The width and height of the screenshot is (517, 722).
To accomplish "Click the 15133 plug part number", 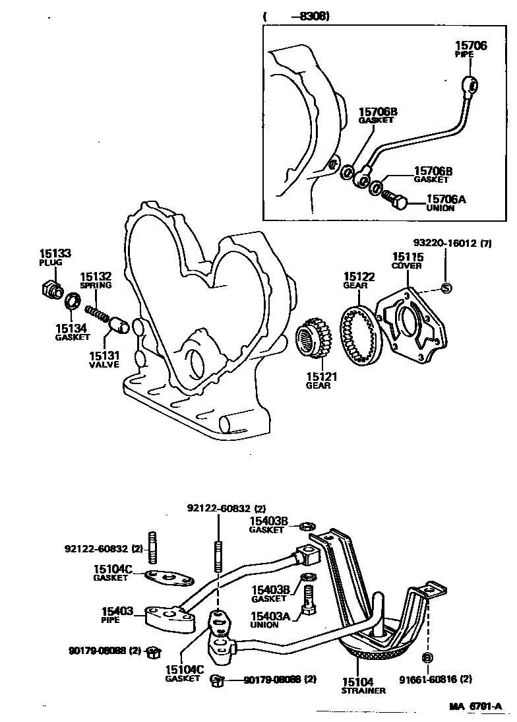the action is pyautogui.click(x=55, y=253).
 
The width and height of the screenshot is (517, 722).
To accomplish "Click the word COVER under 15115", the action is pyautogui.click(x=407, y=266).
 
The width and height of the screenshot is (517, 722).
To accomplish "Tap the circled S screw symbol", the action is pyautogui.click(x=446, y=288).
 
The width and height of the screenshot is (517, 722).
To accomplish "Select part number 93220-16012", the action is pyautogui.click(x=444, y=243).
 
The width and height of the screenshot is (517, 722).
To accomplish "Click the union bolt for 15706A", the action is pyautogui.click(x=395, y=200).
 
